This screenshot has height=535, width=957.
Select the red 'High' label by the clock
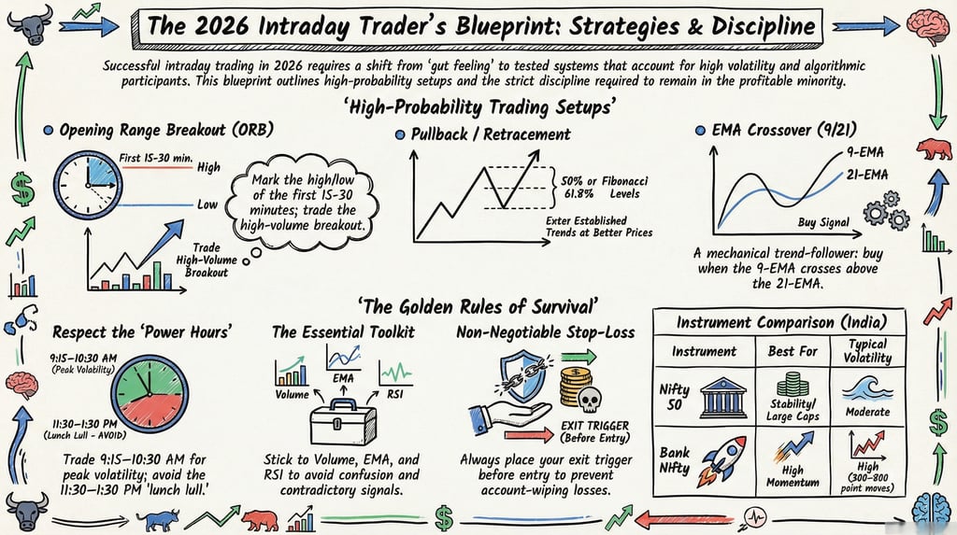tap(208, 168)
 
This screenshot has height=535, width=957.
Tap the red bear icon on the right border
tap(934, 148)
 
